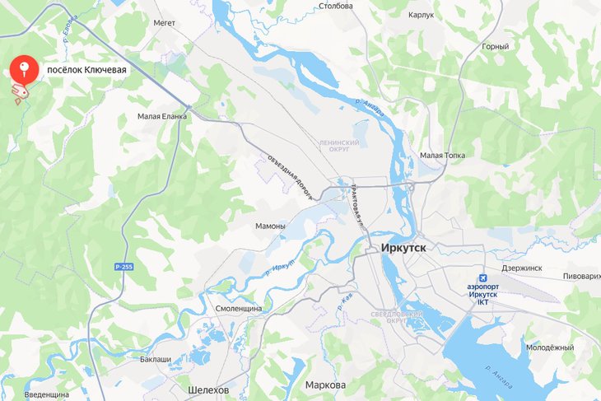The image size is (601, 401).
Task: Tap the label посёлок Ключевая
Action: (86, 70)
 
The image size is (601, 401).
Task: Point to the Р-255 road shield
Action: (124, 269)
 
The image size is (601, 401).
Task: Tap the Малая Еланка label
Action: (162, 117)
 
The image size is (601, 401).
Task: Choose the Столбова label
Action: (335, 7)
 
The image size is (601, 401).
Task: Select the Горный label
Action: (495, 47)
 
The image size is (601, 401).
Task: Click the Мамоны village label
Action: (270, 226)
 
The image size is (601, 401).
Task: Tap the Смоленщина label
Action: (239, 307)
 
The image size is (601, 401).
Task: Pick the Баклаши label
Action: (156, 360)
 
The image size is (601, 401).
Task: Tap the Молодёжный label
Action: (550, 348)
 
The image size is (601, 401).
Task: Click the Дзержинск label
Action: (521, 268)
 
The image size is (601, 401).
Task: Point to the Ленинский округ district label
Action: (334, 145)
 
